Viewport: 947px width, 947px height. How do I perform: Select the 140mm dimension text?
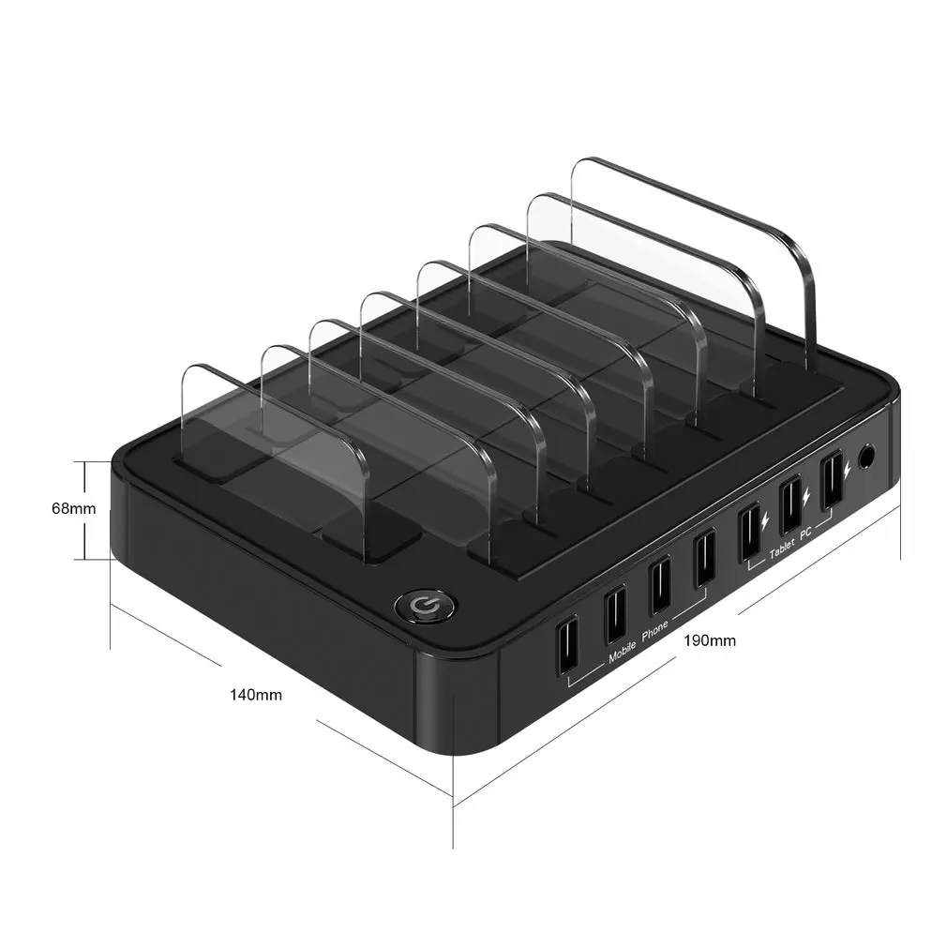coord(256,695)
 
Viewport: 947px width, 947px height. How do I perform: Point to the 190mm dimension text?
coord(710,641)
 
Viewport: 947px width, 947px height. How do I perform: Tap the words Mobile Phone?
coord(639,642)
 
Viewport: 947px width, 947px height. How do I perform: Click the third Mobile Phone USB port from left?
coord(660,585)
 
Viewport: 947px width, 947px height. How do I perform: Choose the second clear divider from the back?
coord(647,272)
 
